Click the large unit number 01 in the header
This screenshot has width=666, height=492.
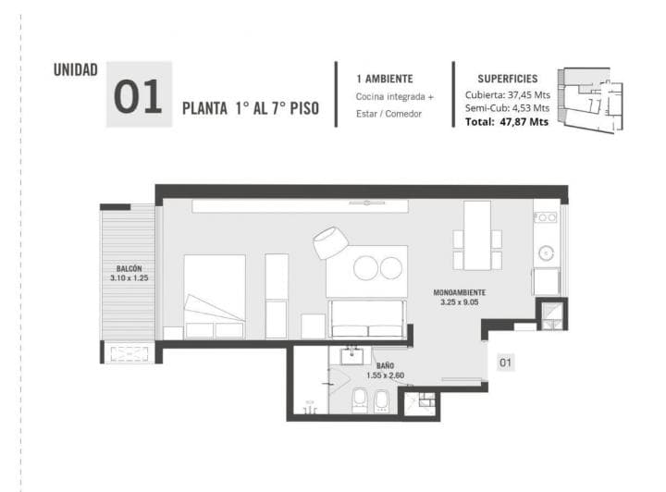tap(138, 96)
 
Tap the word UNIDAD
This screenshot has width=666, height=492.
tap(75, 70)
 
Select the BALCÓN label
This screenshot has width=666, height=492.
tap(129, 269)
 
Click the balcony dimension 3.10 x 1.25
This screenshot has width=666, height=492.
tap(129, 278)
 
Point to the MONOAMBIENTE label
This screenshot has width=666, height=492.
tap(459, 292)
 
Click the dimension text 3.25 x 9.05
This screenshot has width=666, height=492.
tap(459, 302)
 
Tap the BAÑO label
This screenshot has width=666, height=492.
tap(385, 365)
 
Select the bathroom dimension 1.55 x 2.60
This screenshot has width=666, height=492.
tap(385, 375)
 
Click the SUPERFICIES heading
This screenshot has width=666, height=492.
tap(508, 79)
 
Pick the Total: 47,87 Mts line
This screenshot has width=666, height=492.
tap(507, 122)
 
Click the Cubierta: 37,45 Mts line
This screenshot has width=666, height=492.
tap(508, 94)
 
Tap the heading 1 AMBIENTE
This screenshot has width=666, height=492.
tap(385, 79)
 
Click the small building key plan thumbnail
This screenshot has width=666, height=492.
tap(591, 100)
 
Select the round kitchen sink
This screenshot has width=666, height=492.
tap(546, 253)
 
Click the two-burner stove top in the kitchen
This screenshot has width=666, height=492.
tap(546, 217)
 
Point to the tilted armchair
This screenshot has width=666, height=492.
tap(330, 243)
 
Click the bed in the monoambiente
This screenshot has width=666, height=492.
tap(215, 296)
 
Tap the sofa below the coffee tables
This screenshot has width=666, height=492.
tap(367, 319)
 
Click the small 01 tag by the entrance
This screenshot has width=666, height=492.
tap(505, 363)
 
